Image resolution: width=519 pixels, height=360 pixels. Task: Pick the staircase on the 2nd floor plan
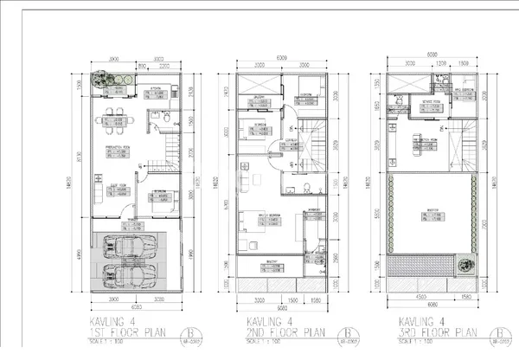317,135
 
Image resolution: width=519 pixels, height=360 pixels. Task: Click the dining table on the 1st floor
118,119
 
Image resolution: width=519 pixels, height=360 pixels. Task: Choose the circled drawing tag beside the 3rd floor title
499,334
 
